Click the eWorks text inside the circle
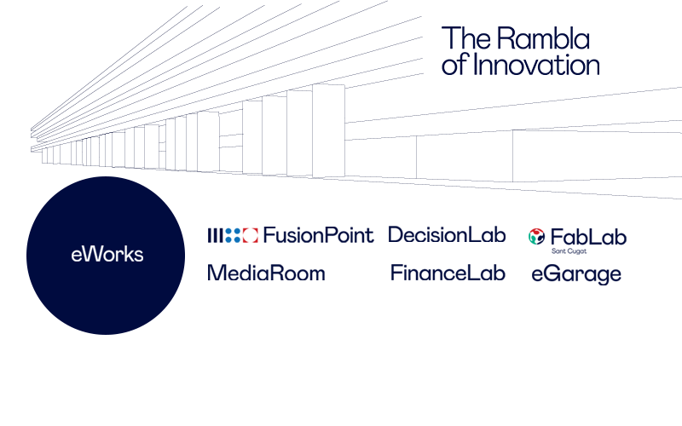tap(107, 255)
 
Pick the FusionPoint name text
tap(319, 235)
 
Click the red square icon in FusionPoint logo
tap(251, 235)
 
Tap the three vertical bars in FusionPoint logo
tap(215, 235)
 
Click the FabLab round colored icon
tap(537, 237)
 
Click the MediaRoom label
tap(266, 273)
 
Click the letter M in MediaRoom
tap(217, 273)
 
